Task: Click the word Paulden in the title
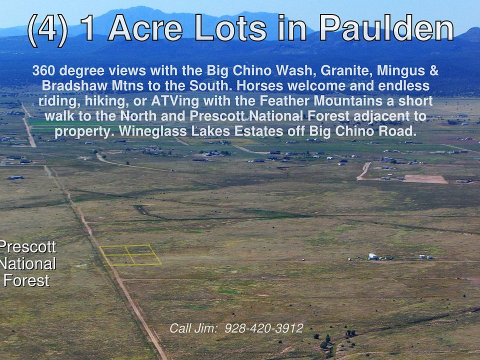[386, 27]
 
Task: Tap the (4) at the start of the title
[47, 30]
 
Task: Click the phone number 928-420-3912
[264, 328]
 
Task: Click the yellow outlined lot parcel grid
[130, 255]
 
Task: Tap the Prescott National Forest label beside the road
[28, 263]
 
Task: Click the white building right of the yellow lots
[372, 256]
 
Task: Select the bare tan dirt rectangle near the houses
[425, 179]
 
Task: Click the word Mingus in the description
[400, 70]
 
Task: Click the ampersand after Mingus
[434, 70]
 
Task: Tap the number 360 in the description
[43, 70]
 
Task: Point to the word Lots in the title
[231, 28]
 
